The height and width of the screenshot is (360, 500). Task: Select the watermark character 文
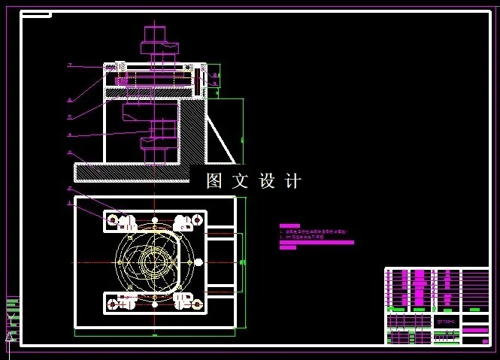point(242,181)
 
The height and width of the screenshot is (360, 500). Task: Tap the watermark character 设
point(268,181)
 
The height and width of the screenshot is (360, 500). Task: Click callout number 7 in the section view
point(69,65)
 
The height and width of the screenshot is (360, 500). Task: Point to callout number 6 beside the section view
point(69,99)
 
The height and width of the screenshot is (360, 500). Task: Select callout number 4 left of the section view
point(69,135)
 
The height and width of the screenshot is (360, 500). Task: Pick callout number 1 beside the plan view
point(69,202)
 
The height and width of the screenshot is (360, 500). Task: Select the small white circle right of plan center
point(198,262)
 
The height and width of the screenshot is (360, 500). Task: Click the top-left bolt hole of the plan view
point(113,220)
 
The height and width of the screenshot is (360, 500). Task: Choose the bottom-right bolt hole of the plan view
point(198,304)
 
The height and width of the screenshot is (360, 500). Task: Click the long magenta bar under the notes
point(316,243)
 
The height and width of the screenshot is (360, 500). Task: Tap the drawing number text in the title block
point(446,319)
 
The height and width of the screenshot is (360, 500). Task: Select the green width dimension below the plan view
point(155,334)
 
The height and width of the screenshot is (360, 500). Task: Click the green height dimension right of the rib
point(242,139)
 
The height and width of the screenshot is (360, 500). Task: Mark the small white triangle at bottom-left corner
point(10,337)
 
